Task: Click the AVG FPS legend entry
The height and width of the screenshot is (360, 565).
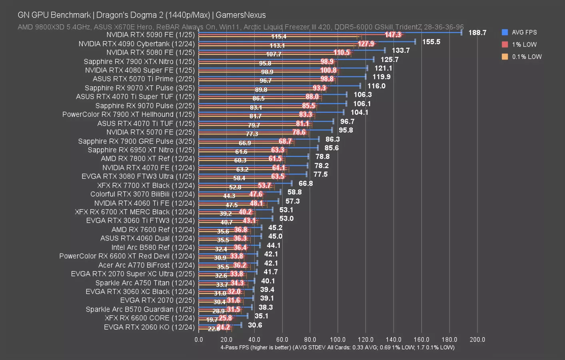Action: [524, 32]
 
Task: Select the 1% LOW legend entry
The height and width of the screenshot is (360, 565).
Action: [524, 44]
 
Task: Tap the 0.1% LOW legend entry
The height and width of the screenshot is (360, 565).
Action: [526, 57]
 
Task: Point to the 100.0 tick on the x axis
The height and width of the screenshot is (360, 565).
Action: [337, 340]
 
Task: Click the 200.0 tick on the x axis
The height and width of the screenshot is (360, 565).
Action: [477, 340]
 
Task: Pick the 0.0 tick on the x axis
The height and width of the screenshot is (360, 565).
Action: [199, 340]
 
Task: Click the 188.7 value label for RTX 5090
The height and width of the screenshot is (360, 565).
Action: [477, 33]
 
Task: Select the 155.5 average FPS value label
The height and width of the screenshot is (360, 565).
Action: [431, 42]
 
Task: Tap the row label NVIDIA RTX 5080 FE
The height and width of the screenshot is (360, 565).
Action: [150, 52]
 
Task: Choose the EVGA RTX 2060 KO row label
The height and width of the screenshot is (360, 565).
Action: [149, 327]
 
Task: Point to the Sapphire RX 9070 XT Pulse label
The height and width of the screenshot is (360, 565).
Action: [140, 88]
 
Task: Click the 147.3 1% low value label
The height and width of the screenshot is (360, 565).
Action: [393, 35]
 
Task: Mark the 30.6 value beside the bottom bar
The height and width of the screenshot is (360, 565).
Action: [255, 325]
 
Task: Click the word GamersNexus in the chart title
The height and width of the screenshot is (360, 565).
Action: [241, 15]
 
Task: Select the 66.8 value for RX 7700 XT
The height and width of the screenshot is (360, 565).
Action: [306, 183]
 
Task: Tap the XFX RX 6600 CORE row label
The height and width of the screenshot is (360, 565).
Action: [150, 318]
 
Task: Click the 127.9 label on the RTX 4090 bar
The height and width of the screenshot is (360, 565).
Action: [366, 44]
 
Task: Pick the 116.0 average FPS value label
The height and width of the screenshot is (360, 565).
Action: [376, 86]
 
